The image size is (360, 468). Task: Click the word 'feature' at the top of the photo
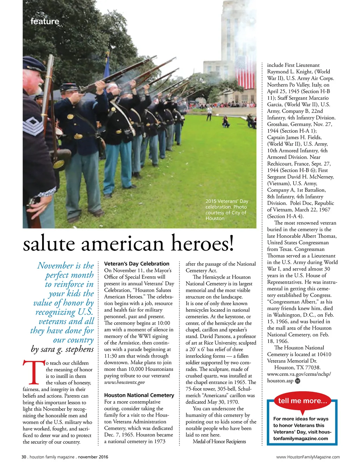tap(45, 21)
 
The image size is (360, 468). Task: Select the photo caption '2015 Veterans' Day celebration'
tap(227, 204)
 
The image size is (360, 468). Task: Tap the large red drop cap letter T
tap(33, 372)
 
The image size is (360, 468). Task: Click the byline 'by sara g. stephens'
tap(62, 349)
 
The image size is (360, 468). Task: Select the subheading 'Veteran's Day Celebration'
tap(137, 264)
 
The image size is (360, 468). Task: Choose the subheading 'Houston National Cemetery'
tap(139, 395)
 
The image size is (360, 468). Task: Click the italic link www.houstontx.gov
tap(124, 382)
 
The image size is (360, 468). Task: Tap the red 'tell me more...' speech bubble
tap(302, 401)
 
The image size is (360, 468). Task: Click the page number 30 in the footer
tap(24, 457)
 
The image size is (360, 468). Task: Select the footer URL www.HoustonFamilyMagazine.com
tap(308, 457)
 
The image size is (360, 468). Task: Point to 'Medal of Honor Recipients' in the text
tap(219, 441)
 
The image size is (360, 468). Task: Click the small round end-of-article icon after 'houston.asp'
tap(298, 381)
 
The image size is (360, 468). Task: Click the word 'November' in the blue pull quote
tap(55, 266)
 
